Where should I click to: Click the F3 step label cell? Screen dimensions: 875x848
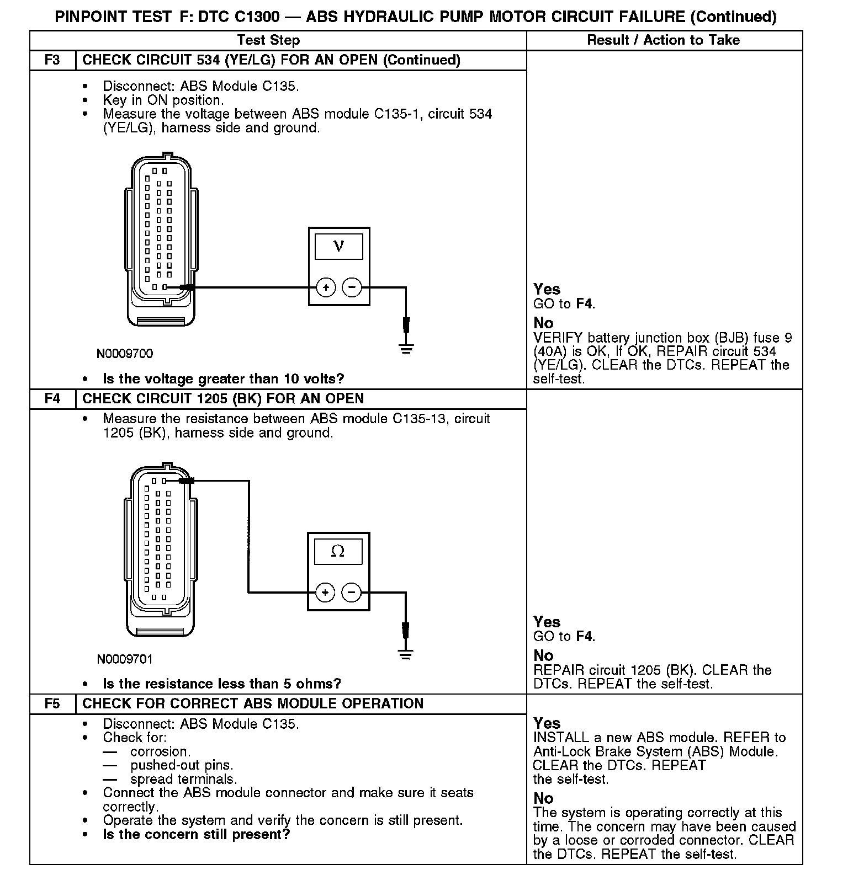click(x=52, y=60)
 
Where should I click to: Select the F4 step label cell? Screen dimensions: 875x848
click(x=52, y=399)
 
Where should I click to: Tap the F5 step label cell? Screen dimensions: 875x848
click(x=52, y=704)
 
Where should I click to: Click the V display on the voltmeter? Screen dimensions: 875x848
click(x=339, y=247)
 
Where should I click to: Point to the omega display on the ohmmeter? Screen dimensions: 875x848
click(x=338, y=551)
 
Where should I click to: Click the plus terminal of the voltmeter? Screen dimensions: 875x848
click(x=326, y=287)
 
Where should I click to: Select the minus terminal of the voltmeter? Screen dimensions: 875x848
click(x=352, y=287)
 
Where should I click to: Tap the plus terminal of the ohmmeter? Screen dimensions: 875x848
click(x=325, y=593)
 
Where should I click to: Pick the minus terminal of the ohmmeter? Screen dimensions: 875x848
click(x=352, y=593)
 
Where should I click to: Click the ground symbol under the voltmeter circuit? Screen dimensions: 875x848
click(x=406, y=349)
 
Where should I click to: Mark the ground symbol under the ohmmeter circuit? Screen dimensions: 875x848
click(x=406, y=654)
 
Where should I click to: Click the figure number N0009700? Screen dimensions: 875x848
click(x=125, y=354)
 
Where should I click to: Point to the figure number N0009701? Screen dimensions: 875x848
click(x=125, y=659)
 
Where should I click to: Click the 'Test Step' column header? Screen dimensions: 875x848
click(x=268, y=40)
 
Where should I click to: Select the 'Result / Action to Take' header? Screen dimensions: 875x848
click(x=663, y=40)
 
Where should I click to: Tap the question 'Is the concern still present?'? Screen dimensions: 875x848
click(x=196, y=834)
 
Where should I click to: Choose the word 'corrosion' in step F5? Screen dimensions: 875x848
click(x=160, y=751)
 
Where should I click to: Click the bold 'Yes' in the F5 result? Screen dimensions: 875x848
click(x=547, y=723)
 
